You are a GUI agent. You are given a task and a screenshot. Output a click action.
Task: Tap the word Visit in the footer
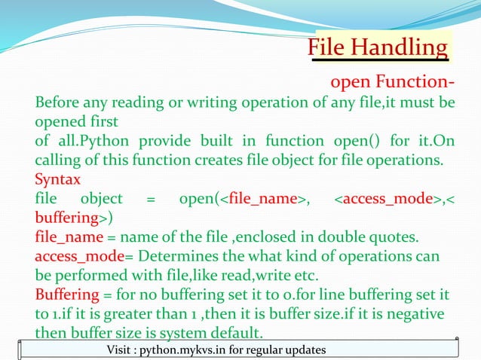pyautogui.click(x=122, y=352)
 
